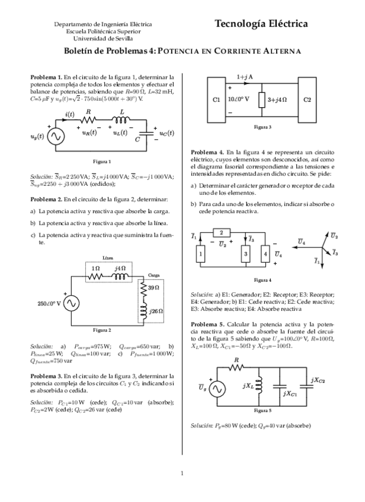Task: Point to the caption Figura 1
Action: [x=102, y=161]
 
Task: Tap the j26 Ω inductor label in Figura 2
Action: [x=156, y=310]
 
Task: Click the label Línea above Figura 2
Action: [x=108, y=258]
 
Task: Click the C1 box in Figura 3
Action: [x=216, y=99]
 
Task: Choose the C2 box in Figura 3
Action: [x=307, y=99]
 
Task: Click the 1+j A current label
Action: [x=245, y=78]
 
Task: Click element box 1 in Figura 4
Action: [x=201, y=253]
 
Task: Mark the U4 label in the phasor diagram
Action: [x=302, y=242]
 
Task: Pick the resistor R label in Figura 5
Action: [x=237, y=359]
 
